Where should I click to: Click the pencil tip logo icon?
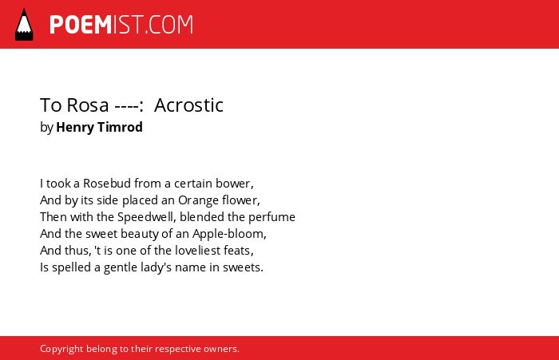(x=24, y=25)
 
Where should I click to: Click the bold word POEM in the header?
(x=81, y=25)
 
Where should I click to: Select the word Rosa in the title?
(x=88, y=105)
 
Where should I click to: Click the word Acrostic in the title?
(x=188, y=105)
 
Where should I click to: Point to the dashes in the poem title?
(x=126, y=106)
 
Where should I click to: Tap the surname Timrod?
(x=120, y=127)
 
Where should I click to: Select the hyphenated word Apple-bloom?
(x=229, y=234)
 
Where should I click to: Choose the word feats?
(x=239, y=251)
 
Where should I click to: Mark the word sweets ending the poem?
(x=243, y=267)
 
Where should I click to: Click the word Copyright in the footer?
(x=61, y=349)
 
